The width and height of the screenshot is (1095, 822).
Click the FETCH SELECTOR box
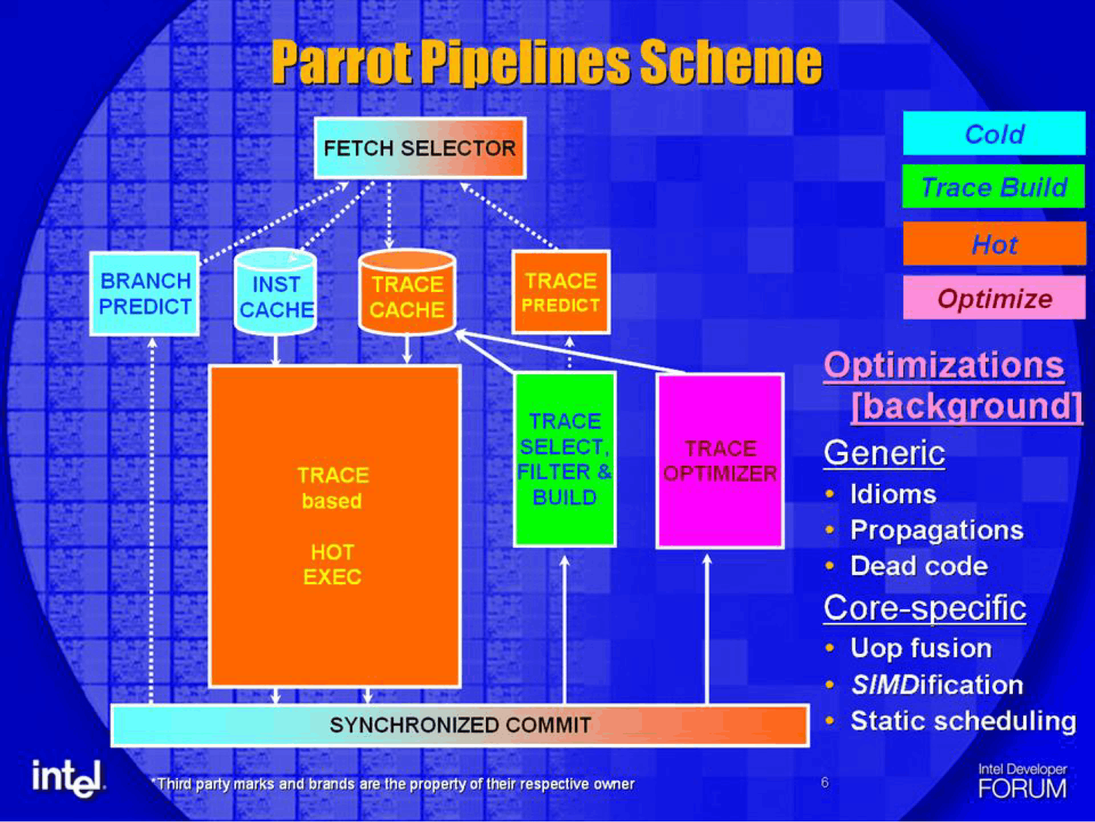tap(420, 148)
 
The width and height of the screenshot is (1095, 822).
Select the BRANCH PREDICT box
tap(145, 294)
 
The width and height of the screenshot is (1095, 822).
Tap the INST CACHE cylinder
tap(276, 292)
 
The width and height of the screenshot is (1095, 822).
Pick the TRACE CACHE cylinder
tap(407, 292)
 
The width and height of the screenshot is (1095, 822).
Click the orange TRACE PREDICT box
tap(561, 292)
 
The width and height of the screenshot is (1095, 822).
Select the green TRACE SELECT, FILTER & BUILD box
tap(565, 459)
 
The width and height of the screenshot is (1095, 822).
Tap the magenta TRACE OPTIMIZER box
tap(720, 461)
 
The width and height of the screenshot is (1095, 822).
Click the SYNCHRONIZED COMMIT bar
tap(460, 725)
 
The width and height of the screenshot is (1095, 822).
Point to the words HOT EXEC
tap(332, 564)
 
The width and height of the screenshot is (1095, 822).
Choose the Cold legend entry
tap(994, 133)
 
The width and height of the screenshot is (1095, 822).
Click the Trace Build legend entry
tap(994, 186)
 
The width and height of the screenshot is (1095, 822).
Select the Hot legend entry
tap(995, 243)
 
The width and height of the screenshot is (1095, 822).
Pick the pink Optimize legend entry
tap(995, 298)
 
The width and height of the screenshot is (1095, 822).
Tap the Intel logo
tap(68, 778)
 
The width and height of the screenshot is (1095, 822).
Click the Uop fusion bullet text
tap(921, 648)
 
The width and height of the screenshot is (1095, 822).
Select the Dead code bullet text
tap(919, 566)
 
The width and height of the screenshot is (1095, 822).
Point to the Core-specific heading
tap(925, 608)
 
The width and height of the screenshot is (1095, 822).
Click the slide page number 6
tap(825, 783)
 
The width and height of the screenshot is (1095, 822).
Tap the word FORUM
tap(1022, 789)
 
